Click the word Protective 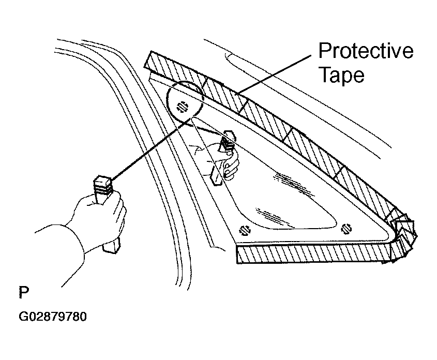click(x=366, y=51)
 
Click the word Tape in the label click(x=341, y=74)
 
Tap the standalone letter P click(x=24, y=292)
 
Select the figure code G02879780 click(x=53, y=317)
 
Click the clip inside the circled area click(x=182, y=107)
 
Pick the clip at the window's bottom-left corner click(x=245, y=230)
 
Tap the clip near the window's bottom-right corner click(x=346, y=229)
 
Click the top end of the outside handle click(x=103, y=181)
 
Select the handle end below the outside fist click(x=112, y=245)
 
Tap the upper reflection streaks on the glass click(x=293, y=183)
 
